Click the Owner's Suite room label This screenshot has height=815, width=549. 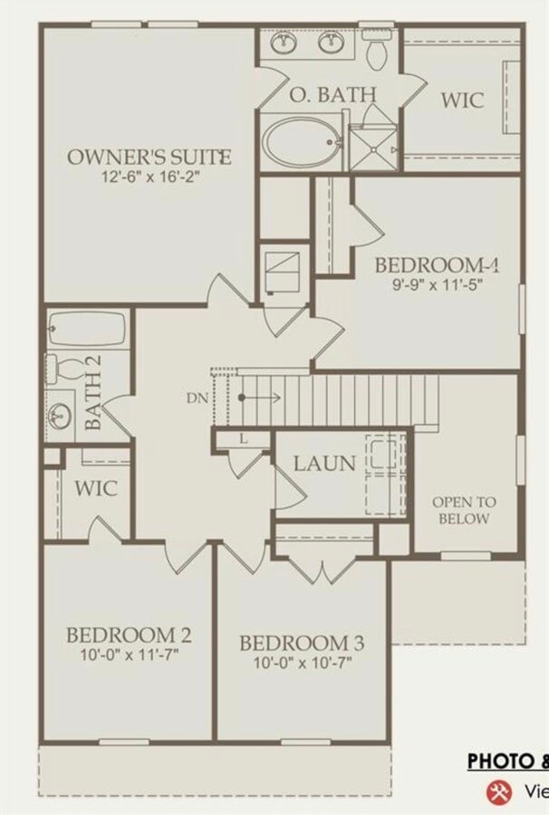pos(149,157)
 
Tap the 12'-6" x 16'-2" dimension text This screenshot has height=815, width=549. pos(149,177)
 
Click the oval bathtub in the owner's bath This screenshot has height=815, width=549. pos(303,142)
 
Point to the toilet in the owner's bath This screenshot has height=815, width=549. pos(377,53)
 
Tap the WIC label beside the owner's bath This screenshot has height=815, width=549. pos(462,100)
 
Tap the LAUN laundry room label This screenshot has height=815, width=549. pos(324,464)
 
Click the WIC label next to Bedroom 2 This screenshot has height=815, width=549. pos(96,488)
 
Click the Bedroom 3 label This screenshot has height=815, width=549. pos(302,643)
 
